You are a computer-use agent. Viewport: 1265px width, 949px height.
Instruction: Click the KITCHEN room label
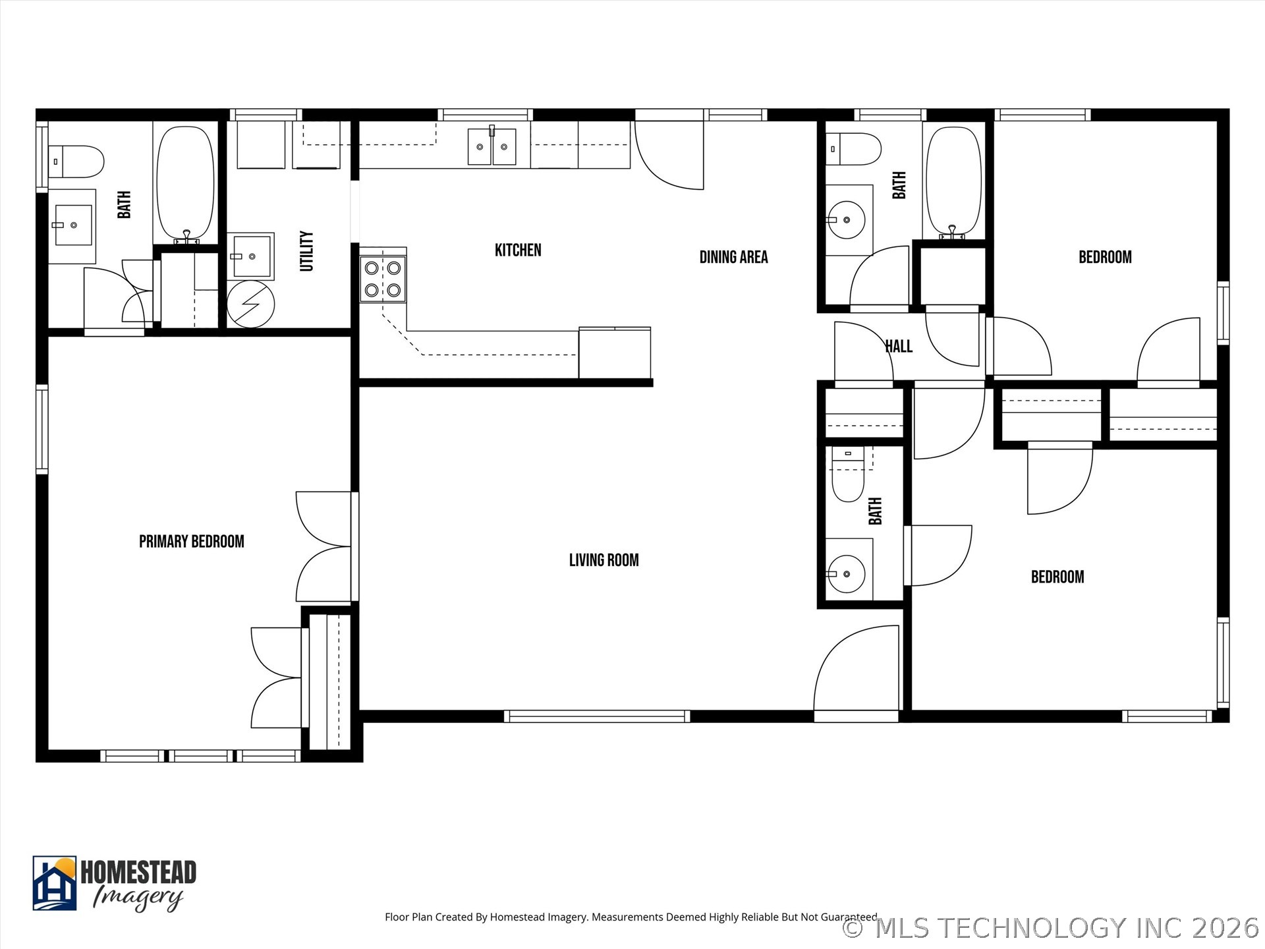[518, 250]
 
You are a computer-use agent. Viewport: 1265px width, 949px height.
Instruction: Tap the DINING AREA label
[733, 257]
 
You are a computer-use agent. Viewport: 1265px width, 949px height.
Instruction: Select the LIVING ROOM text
[604, 560]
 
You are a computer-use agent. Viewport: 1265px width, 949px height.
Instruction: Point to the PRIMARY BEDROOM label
[191, 542]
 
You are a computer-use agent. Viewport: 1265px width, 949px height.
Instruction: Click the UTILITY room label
[306, 251]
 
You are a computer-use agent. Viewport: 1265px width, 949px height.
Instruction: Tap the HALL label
[899, 347]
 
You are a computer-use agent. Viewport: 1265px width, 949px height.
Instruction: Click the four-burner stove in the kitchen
[383, 279]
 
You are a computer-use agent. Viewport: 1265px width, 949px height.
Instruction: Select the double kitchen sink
[492, 147]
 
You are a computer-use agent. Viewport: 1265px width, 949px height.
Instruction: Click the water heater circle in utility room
[250, 304]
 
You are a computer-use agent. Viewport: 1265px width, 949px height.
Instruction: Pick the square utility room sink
[251, 256]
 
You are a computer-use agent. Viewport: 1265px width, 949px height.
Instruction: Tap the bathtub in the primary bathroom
[186, 183]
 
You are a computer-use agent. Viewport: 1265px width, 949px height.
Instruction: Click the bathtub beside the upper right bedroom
[953, 181]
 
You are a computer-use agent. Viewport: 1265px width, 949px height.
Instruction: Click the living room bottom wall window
[597, 716]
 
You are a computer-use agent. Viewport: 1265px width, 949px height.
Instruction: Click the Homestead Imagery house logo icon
[55, 883]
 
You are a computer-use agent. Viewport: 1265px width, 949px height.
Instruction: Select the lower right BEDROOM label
[1057, 577]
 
